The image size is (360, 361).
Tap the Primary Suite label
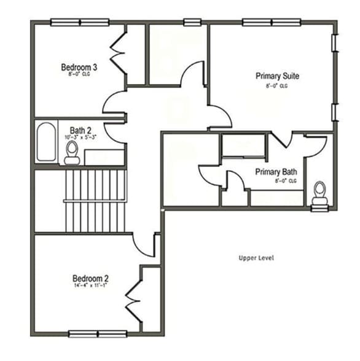tap(277, 77)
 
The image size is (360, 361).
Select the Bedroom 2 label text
tap(90, 278)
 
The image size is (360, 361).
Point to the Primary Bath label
tap(276, 172)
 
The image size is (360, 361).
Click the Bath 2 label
tap(80, 130)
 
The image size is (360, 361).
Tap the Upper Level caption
tap(256, 257)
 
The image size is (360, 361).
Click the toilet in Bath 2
tap(72, 153)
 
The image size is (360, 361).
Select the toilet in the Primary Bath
tap(319, 193)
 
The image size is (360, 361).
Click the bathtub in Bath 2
tap(45, 142)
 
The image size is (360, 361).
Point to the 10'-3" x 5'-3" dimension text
tap(81, 138)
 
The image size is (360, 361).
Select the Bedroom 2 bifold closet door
tap(133, 298)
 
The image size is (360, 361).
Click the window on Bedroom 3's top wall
tap(79, 22)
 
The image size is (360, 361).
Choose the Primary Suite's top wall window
tap(270, 22)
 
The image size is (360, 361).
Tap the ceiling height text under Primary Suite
tap(277, 86)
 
